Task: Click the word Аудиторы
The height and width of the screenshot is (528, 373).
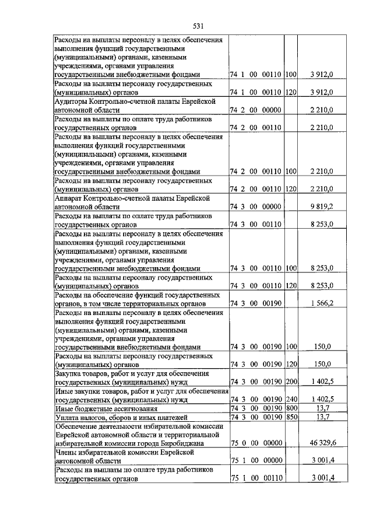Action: click(71, 102)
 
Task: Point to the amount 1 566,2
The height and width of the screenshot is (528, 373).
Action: click(322, 304)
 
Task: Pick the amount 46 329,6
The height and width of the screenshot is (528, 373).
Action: click(320, 443)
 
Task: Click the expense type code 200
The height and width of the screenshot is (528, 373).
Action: click(291, 381)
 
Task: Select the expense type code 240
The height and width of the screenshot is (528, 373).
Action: click(291, 398)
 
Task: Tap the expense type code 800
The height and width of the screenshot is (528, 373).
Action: click(291, 408)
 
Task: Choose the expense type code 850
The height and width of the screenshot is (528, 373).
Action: click(291, 417)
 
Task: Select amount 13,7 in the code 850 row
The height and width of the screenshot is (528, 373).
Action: click(322, 417)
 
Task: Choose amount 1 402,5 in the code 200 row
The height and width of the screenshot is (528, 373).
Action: click(322, 381)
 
